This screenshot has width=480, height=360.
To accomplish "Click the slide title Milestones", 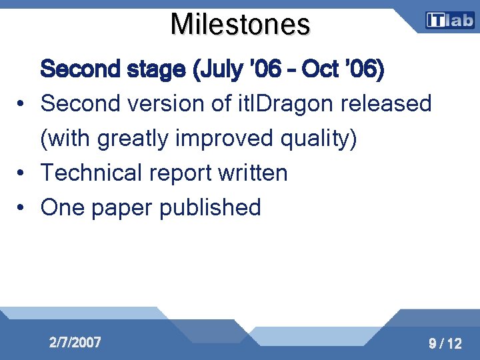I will point(240,25).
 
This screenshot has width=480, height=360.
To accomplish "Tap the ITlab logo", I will point(450,21).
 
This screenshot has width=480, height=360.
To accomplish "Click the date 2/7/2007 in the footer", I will point(75,343).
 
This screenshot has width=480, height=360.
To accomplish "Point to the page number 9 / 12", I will point(445,344).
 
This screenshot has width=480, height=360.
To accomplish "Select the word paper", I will point(123,208).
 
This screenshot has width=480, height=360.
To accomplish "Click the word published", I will point(210,208).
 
